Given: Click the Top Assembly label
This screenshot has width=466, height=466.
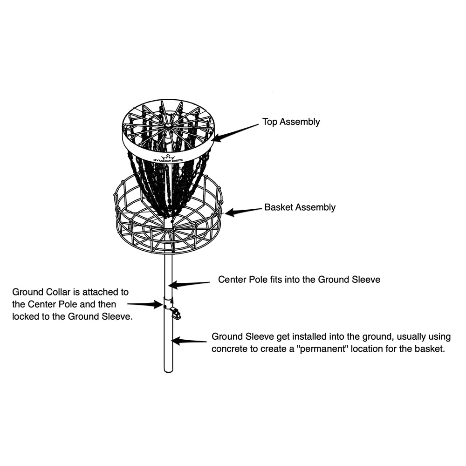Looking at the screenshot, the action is click(x=291, y=122).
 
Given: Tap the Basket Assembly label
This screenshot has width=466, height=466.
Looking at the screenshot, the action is click(x=300, y=207).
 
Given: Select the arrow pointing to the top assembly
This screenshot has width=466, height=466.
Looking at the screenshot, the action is click(x=235, y=133).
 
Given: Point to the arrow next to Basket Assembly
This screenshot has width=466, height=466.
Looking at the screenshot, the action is click(x=243, y=212).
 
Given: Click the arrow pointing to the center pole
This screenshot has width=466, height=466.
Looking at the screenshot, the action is click(x=189, y=284).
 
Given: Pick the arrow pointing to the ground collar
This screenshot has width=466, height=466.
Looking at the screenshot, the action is click(x=145, y=304).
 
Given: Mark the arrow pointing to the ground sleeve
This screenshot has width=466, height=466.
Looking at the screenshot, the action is click(x=189, y=341).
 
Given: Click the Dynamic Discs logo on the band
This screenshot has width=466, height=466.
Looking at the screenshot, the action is click(x=168, y=159).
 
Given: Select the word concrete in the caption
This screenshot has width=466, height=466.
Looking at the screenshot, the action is click(x=229, y=349).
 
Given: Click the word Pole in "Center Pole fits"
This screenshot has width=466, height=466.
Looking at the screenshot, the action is click(x=258, y=279).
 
